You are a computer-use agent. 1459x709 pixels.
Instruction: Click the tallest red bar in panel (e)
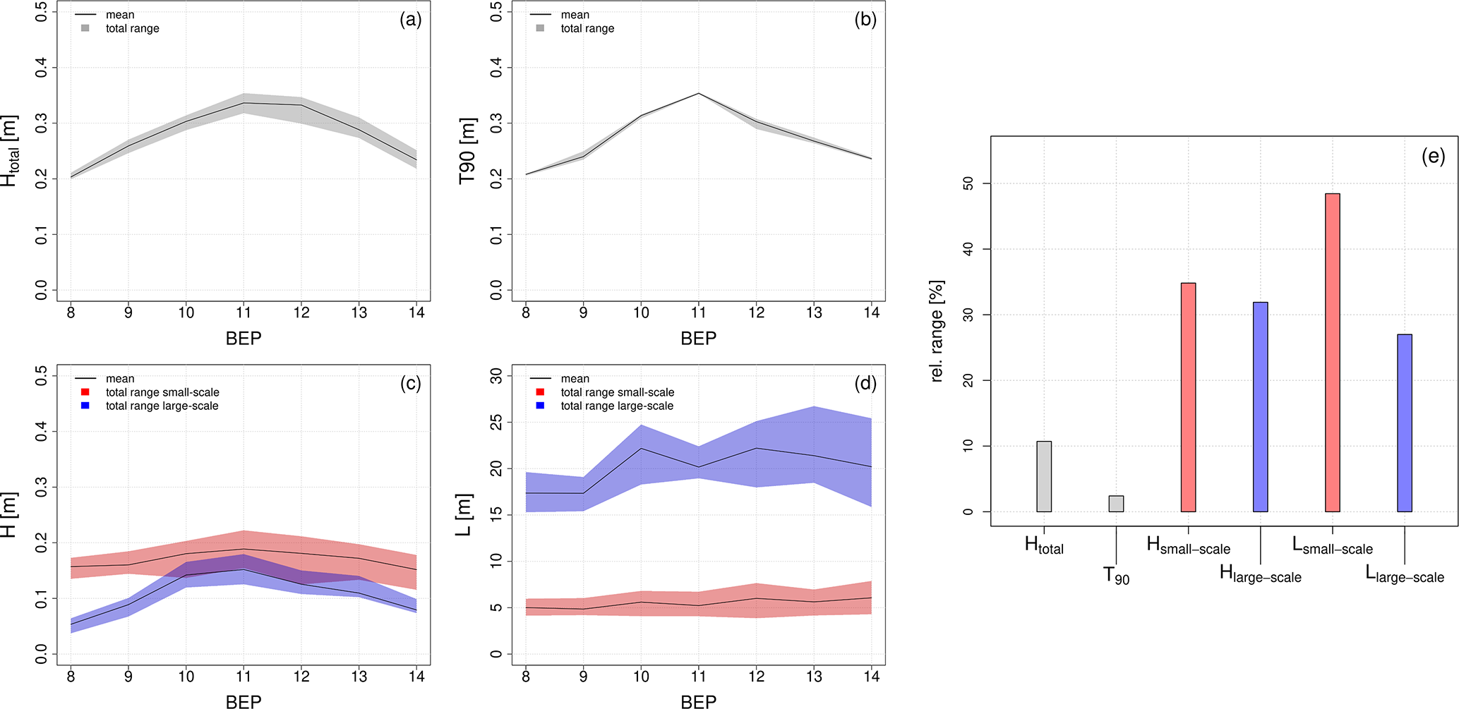1332,352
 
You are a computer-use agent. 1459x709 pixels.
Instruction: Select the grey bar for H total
1044,476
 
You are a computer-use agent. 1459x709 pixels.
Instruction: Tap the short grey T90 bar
1116,504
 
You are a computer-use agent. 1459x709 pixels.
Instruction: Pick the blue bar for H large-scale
1260,407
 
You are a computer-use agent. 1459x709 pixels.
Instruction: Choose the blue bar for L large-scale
1404,423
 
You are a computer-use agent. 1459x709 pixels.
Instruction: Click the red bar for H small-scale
1188,397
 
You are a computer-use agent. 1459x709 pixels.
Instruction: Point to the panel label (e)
1433,157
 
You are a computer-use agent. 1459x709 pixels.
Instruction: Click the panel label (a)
410,20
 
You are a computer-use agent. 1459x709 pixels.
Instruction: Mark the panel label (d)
865,384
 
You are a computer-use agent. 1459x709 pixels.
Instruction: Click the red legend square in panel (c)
85,392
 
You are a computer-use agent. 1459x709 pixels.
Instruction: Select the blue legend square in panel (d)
540,406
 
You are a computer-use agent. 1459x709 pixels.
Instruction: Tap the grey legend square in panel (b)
540,28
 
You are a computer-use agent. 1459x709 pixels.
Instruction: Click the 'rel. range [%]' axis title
937,331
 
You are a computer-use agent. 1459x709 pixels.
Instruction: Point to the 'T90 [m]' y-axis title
467,152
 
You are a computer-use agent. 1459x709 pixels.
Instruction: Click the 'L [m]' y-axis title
463,515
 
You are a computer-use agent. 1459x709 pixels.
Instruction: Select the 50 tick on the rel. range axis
968,183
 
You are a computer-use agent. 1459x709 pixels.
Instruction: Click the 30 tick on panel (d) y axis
496,376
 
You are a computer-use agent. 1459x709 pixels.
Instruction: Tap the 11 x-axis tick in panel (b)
698,313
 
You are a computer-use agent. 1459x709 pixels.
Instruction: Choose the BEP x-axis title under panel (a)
244,339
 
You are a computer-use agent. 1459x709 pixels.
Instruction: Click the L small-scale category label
1332,546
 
